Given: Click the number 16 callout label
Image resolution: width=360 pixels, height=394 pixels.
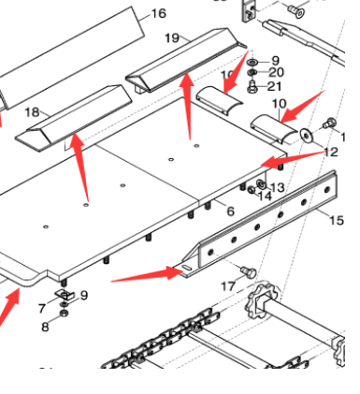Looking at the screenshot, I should pyautogui.click(x=158, y=13).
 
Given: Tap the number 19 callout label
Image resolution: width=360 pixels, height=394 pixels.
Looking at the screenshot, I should pyautogui.click(x=172, y=37).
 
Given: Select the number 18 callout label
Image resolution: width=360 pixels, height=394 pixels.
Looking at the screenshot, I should pyautogui.click(x=32, y=112).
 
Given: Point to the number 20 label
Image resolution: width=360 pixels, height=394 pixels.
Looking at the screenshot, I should pyautogui.click(x=276, y=72).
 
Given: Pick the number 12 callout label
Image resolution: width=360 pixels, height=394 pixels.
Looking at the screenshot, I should pyautogui.click(x=331, y=152).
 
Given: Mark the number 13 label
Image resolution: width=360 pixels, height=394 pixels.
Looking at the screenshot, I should pyautogui.click(x=278, y=187).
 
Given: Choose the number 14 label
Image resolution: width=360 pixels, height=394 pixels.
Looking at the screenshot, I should pyautogui.click(x=265, y=196).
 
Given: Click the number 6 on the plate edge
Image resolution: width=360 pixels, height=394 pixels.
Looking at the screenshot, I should pyautogui.click(x=230, y=212).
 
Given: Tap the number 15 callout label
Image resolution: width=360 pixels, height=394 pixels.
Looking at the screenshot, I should pyautogui.click(x=337, y=221).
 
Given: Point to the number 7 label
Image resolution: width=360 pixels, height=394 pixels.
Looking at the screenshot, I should pyautogui.click(x=42, y=308).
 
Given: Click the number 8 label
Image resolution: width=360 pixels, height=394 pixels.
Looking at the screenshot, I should pyautogui.click(x=44, y=327).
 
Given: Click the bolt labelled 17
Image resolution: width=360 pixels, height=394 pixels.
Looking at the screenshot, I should pyautogui.click(x=249, y=270).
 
